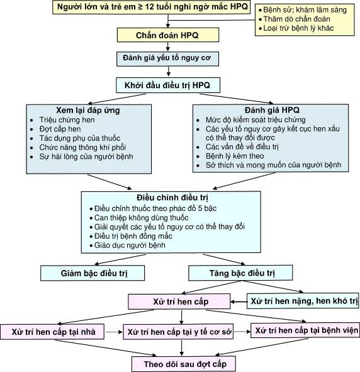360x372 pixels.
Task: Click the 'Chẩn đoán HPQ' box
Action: click(168, 35)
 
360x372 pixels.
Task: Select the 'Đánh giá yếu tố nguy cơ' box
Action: click(167, 59)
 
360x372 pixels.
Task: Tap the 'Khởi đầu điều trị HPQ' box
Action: click(168, 85)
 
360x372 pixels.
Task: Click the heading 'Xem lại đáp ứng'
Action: click(88, 110)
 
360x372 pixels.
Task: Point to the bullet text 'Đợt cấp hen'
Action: click(60, 129)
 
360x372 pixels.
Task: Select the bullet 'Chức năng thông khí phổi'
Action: click(82, 147)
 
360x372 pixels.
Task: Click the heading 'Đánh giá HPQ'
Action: click(272, 110)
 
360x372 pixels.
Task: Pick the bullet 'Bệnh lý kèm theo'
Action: click(235, 156)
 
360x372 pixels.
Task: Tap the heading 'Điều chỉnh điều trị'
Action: click(172, 198)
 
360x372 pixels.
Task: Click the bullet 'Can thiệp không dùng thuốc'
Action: click(142, 218)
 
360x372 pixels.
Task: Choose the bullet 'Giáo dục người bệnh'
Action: click(130, 245)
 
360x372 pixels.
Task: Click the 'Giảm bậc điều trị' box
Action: click(93, 273)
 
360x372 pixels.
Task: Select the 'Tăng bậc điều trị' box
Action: click(240, 273)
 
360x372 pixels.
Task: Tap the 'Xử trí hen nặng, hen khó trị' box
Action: click(303, 301)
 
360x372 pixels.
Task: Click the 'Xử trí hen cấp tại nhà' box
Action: click(52, 332)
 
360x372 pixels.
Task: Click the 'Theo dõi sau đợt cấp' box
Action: click(184, 364)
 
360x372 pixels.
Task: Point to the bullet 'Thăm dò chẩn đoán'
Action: click(296, 19)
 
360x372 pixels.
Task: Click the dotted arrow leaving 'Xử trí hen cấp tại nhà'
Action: click(114, 332)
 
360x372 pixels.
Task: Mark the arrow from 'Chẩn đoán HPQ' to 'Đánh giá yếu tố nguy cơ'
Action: click(167, 47)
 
